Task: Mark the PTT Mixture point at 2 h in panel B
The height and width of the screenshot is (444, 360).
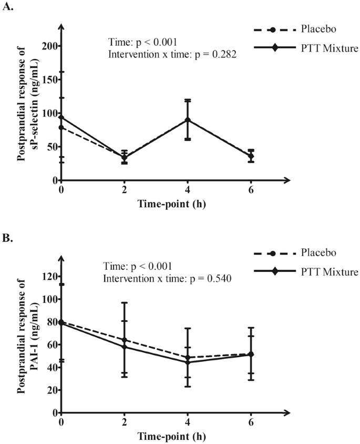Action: pyautogui.click(x=125, y=347)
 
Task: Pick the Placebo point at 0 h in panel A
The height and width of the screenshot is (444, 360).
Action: pyautogui.click(x=62, y=127)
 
